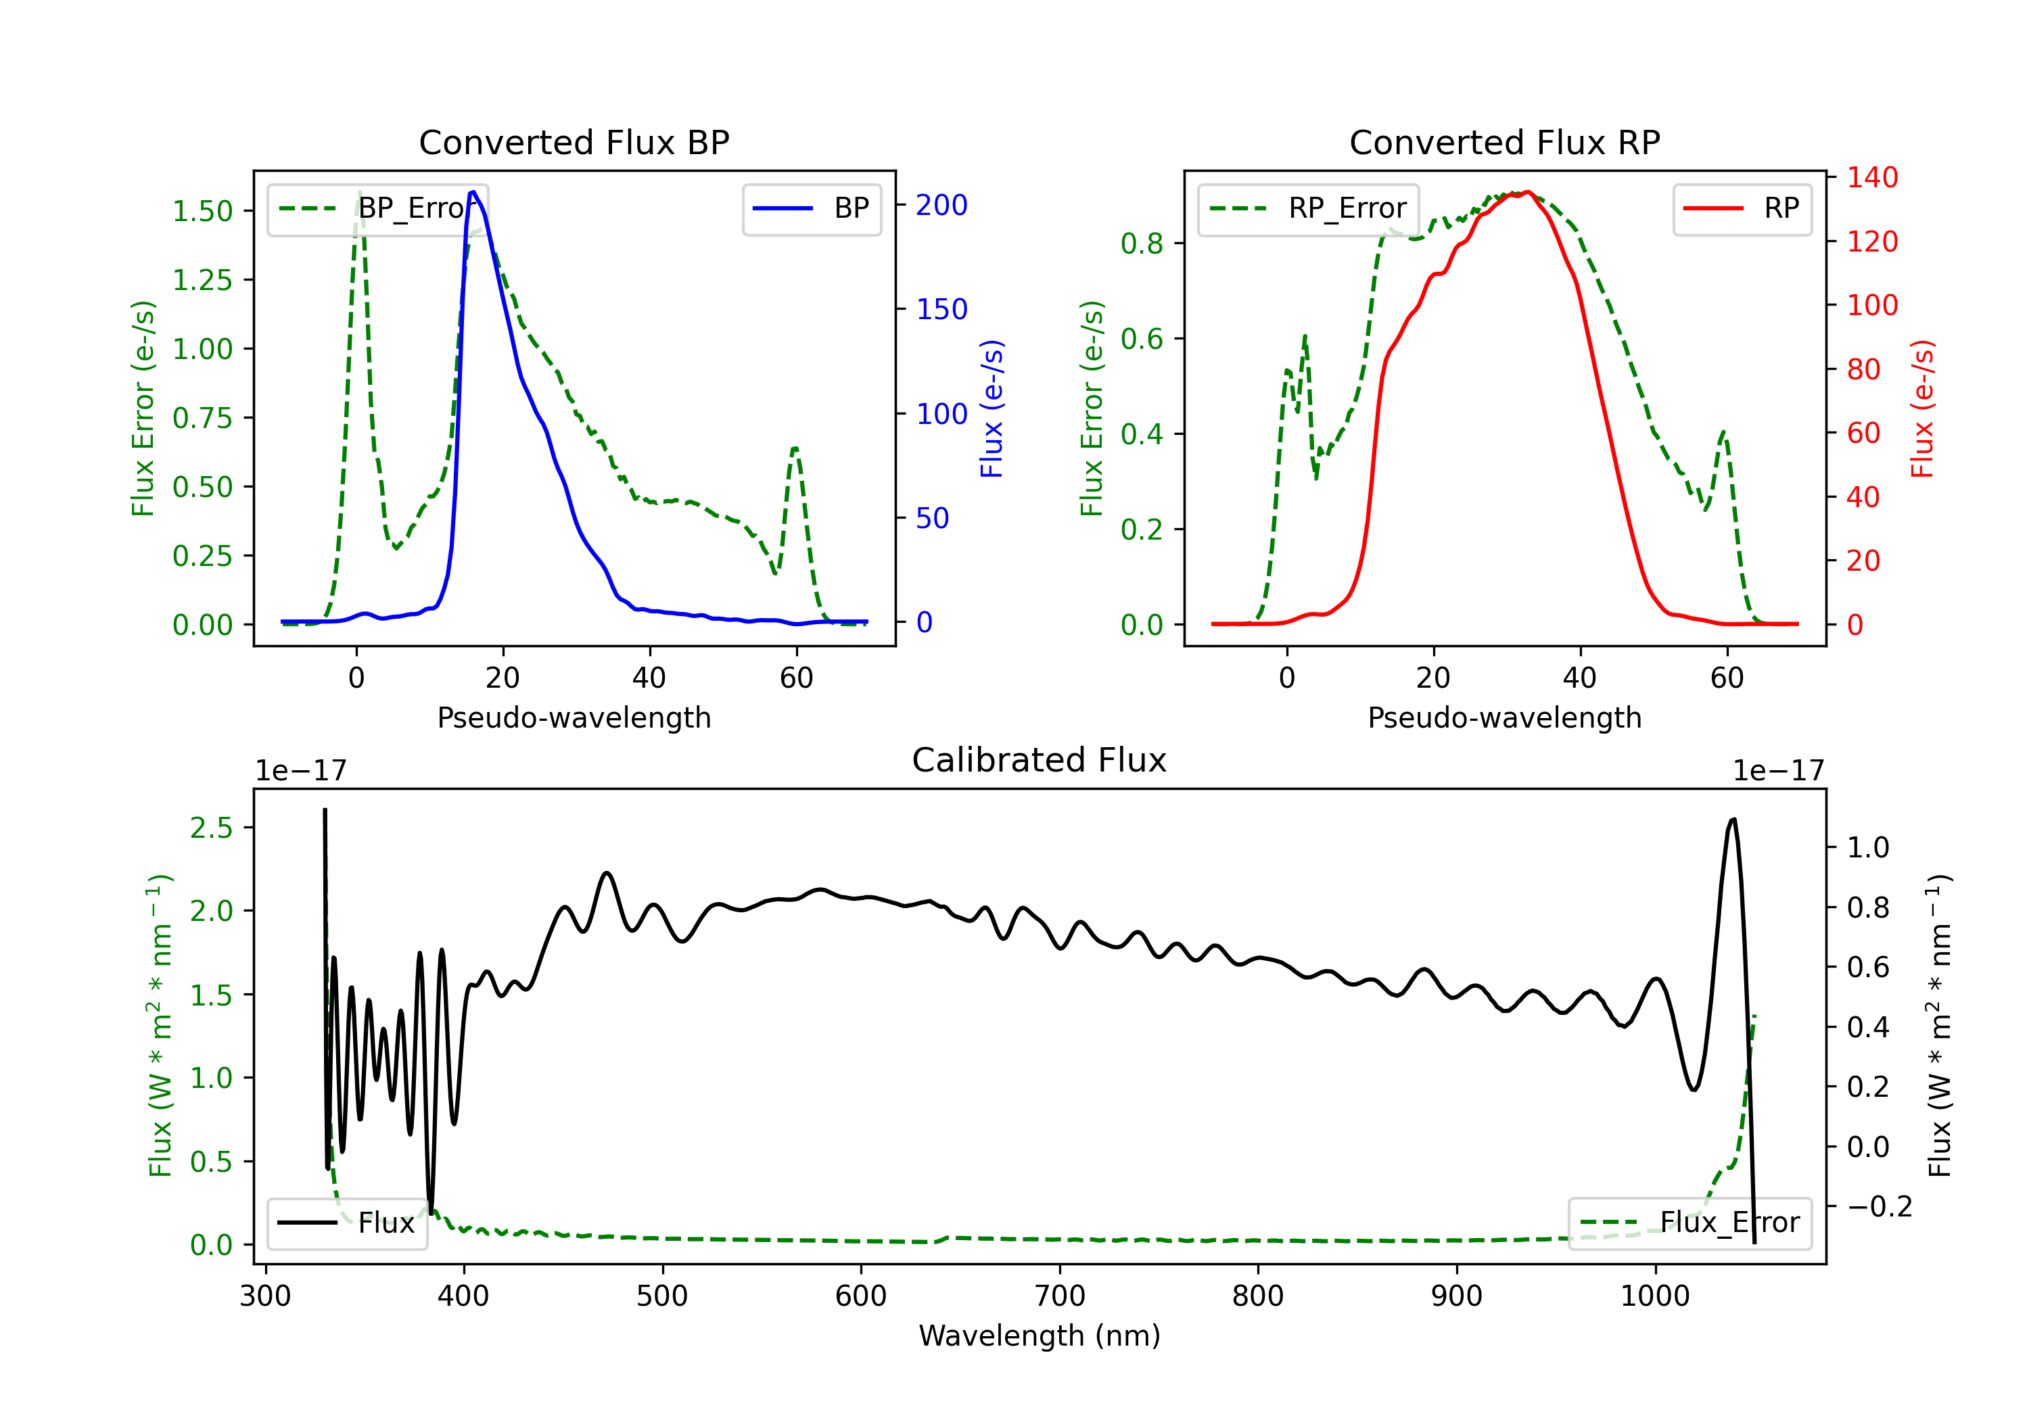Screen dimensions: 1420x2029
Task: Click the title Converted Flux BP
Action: [574, 142]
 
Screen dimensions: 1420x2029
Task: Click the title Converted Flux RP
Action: [1504, 142]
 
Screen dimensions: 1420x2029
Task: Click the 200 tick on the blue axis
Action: [941, 205]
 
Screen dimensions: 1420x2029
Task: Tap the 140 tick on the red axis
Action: [1871, 178]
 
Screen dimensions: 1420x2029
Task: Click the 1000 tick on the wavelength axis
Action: [1654, 1296]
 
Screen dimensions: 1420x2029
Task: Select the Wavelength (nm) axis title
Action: [1040, 1335]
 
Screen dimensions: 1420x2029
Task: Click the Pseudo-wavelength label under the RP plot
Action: [1504, 717]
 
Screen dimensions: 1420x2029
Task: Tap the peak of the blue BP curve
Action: [473, 192]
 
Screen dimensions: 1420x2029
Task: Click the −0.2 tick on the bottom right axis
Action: [1879, 1206]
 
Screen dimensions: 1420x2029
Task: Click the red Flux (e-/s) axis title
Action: [1923, 408]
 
